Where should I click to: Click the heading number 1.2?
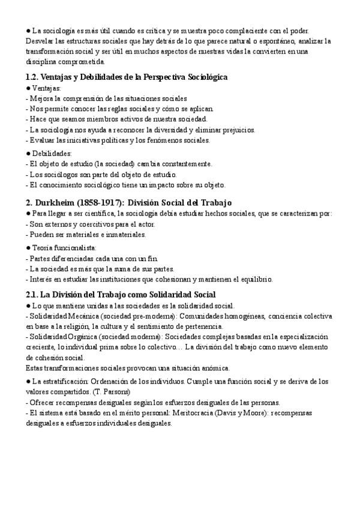33,77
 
